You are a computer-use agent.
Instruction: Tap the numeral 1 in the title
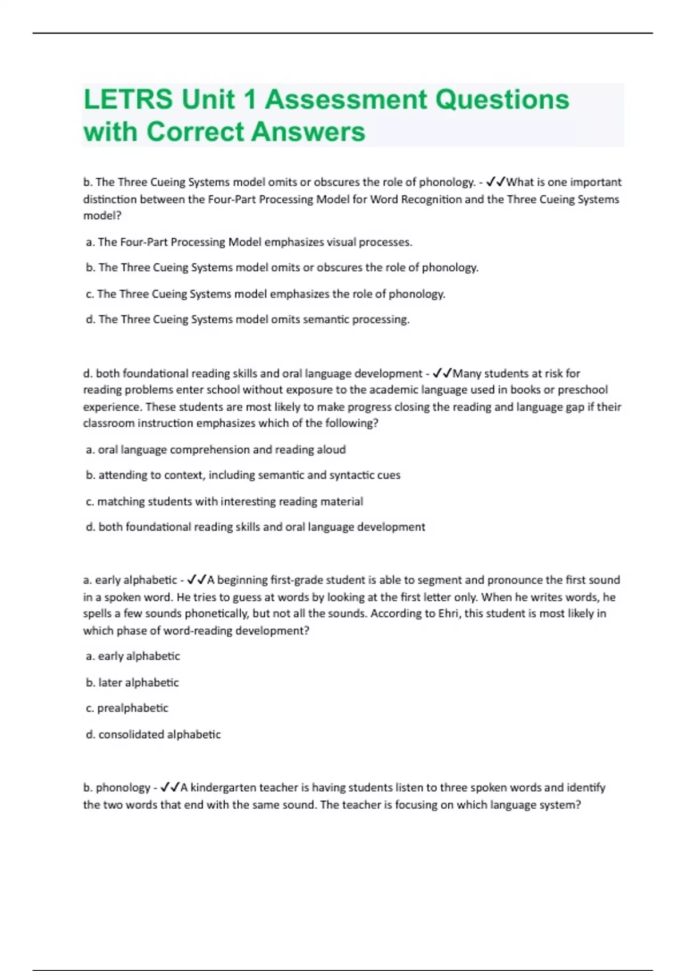(249, 99)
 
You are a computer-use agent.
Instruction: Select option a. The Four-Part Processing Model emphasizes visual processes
(249, 242)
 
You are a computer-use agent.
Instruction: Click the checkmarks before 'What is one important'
(496, 182)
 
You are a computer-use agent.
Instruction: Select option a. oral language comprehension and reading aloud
(216, 450)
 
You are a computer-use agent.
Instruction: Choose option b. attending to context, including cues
(243, 475)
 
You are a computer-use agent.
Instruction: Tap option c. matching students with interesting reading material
(224, 501)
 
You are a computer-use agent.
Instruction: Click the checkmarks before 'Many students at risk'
(442, 374)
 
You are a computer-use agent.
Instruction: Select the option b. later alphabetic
(132, 683)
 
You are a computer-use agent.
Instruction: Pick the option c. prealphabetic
(127, 708)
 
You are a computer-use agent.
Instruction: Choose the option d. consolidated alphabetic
(153, 735)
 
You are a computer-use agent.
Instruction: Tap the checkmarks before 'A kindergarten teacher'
(170, 788)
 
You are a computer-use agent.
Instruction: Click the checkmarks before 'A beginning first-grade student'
(197, 580)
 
